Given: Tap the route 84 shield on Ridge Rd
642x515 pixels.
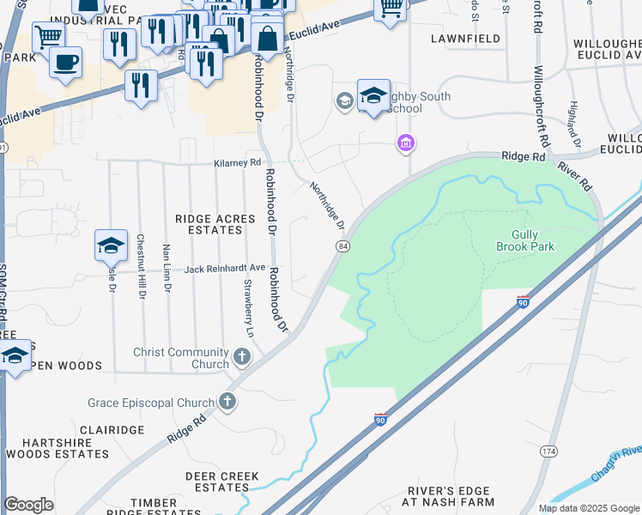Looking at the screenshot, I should point(342,246).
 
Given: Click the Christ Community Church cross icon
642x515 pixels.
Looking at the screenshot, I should point(242,354).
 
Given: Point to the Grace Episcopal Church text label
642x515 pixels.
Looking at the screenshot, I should point(150,403).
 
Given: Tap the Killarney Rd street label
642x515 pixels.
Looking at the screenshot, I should point(238,162).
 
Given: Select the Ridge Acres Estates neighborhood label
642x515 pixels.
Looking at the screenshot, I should point(215,225).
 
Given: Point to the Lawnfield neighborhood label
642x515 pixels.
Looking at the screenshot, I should point(465,39).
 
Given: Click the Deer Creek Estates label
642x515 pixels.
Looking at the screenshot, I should point(217,482).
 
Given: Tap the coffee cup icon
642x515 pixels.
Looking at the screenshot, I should point(66,64).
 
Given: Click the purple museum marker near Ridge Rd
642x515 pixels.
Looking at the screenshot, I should point(405,142).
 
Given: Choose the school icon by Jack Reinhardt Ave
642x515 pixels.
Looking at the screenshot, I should point(111,246).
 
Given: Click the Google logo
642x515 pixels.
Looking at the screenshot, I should point(29,505).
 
